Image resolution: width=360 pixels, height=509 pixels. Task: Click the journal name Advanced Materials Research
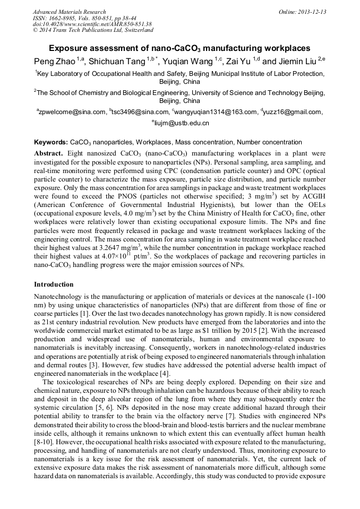tap(69, 12)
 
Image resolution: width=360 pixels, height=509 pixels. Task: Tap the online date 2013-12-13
tap(312, 12)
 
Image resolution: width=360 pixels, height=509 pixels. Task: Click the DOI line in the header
tap(92, 24)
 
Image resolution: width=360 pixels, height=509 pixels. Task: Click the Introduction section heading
tap(54, 284)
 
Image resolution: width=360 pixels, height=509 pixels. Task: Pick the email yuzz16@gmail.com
tap(292, 112)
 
